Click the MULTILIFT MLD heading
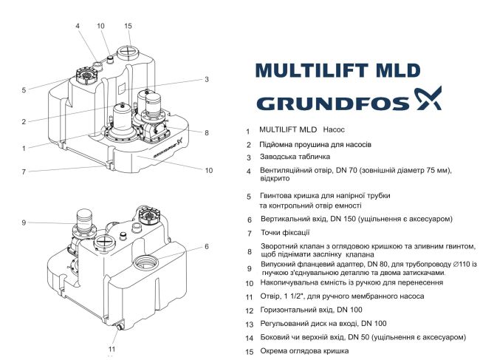(x=337, y=71)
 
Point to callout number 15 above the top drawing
(x=128, y=26)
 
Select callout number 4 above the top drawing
(x=77, y=26)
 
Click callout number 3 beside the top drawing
(x=207, y=79)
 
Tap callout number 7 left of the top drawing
(x=24, y=172)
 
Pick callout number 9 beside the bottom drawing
(x=24, y=223)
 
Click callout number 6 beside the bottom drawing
(x=207, y=246)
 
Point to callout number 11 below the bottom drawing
(x=112, y=348)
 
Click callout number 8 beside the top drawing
(x=207, y=133)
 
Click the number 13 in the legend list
(x=249, y=325)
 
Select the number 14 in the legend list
(x=249, y=337)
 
